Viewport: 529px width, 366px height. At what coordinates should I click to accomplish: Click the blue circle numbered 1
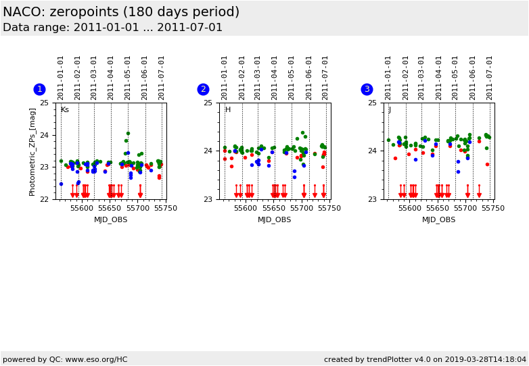click(39, 89)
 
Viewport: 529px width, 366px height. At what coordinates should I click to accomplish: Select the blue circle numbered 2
click(203, 89)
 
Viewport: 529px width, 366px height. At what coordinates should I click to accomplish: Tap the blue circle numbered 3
click(367, 89)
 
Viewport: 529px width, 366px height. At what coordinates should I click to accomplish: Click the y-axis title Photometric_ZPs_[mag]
click(32, 151)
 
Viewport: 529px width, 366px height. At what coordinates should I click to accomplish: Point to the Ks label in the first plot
click(65, 110)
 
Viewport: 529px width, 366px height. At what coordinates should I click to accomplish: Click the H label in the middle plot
click(228, 110)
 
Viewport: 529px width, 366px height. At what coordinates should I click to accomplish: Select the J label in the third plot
click(390, 110)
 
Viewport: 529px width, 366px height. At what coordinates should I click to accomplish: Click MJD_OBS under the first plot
click(111, 219)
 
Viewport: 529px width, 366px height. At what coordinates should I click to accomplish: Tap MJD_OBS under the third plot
click(438, 219)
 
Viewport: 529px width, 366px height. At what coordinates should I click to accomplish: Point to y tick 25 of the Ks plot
click(44, 103)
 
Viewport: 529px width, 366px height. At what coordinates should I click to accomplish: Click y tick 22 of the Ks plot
click(44, 199)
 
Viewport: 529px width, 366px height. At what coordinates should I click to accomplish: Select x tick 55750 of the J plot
click(493, 208)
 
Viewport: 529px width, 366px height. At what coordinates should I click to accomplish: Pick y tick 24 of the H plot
click(208, 151)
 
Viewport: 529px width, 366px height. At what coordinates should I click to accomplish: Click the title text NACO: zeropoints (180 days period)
click(121, 12)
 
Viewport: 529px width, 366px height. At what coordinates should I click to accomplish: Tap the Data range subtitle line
click(112, 28)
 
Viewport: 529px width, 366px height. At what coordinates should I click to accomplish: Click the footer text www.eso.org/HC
click(95, 359)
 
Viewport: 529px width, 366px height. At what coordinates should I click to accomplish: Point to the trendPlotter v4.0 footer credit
click(425, 359)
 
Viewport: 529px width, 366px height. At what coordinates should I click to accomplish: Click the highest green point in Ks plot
click(128, 134)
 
